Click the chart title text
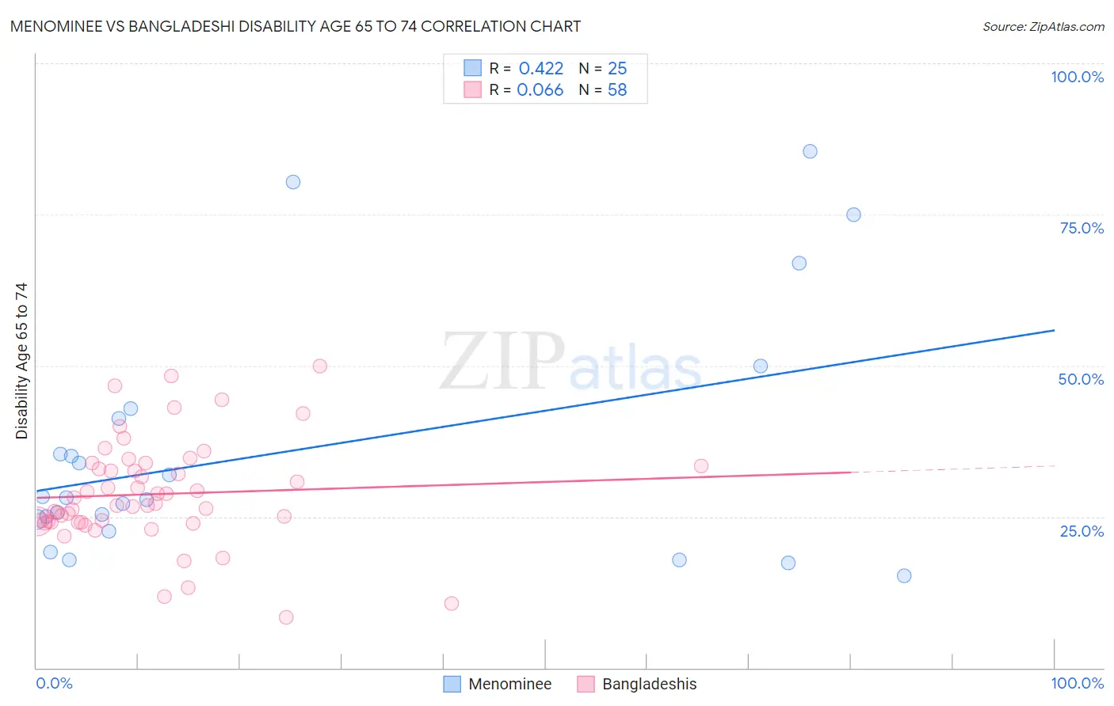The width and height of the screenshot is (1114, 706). tap(296, 27)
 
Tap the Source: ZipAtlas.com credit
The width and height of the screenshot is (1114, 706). tap(1043, 27)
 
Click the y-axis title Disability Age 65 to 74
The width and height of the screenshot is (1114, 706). tap(21, 361)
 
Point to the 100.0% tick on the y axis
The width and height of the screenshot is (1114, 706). tap(1077, 77)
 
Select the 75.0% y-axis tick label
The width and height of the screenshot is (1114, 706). tap(1082, 228)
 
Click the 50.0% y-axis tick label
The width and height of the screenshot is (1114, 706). tap(1081, 379)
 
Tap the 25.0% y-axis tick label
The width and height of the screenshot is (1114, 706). tap(1082, 530)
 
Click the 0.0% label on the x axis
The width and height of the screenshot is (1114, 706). tap(54, 683)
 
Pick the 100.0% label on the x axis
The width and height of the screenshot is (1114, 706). tap(1077, 683)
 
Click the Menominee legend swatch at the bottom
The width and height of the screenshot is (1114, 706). tap(452, 684)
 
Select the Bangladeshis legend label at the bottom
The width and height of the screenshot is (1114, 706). tap(649, 684)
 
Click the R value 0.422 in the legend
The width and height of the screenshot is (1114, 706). tap(541, 69)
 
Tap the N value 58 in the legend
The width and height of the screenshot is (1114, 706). tap(617, 90)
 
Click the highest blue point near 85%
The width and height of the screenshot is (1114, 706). tap(810, 151)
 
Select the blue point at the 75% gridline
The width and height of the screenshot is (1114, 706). tap(853, 214)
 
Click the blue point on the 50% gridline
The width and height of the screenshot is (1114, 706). tap(761, 366)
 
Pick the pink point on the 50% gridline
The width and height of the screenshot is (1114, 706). tap(320, 366)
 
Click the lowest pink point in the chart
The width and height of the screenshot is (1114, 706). tap(286, 617)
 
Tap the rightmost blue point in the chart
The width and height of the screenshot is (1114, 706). tap(904, 575)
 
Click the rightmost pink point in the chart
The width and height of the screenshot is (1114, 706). tap(701, 466)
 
